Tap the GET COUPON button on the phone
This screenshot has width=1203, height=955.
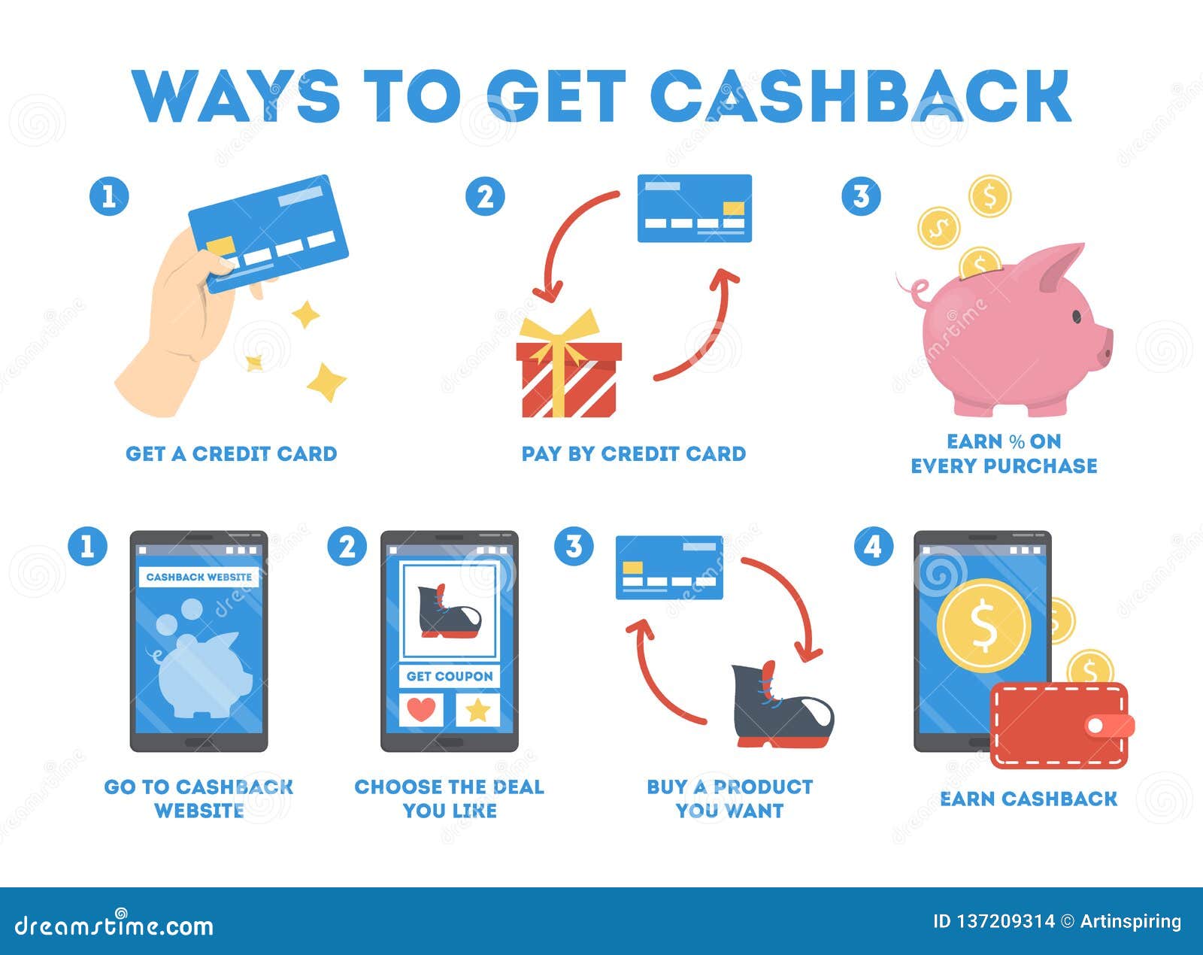450,676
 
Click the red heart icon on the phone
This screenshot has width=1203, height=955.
421,710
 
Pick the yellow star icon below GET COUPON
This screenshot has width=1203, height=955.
478,711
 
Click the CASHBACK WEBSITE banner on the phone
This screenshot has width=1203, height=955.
199,577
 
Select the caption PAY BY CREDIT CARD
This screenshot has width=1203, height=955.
634,453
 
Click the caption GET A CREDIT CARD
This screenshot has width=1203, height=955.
232,453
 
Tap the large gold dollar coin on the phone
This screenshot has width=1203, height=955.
984,626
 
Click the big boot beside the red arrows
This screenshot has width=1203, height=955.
782,706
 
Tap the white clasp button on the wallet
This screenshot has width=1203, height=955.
1096,726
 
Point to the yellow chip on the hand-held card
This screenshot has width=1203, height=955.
220,247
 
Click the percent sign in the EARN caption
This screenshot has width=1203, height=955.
1017,441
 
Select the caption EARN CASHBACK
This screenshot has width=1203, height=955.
1029,799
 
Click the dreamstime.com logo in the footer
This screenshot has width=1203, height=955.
114,926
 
